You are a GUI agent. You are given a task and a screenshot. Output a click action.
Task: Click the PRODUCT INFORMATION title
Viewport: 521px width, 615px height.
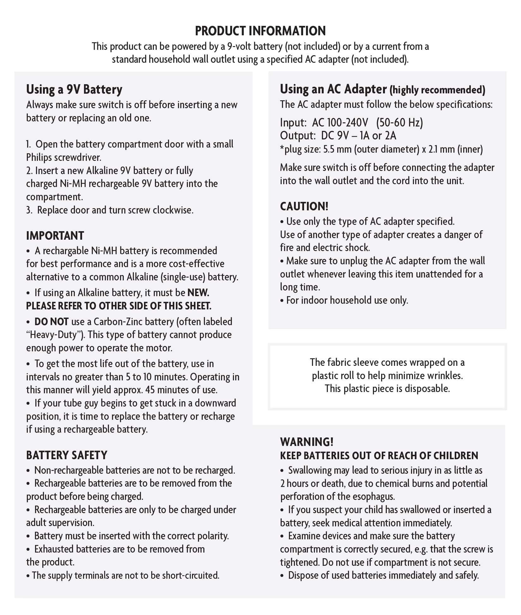point(260,31)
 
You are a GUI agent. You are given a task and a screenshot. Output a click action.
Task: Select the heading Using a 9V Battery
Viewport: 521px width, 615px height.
point(74,90)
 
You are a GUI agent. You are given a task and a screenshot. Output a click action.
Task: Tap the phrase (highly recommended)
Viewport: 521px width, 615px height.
point(437,90)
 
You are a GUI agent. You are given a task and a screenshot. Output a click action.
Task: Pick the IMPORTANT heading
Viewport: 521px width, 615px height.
point(55,236)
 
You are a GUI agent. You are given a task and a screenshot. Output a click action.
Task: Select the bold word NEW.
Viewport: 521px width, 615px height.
point(198,293)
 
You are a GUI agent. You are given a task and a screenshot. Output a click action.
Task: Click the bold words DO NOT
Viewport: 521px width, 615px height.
point(51,322)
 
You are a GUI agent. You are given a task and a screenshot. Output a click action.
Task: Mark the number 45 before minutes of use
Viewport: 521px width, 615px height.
point(150,390)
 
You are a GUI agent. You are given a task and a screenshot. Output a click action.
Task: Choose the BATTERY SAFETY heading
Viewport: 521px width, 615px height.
point(67,455)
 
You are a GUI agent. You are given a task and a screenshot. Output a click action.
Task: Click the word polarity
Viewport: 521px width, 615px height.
point(213,536)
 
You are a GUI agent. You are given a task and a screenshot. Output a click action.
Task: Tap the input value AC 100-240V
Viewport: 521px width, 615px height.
point(340,122)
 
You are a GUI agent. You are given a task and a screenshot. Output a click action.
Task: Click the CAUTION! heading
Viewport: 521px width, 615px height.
point(304,206)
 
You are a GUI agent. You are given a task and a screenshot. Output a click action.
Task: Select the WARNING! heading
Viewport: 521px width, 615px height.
point(307,442)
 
